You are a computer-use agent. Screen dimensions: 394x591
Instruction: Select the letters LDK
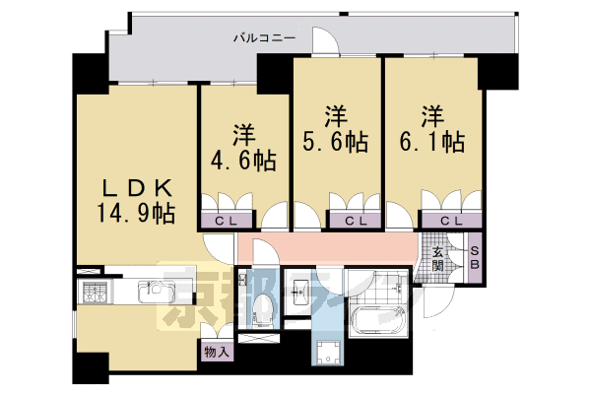[x=139, y=186]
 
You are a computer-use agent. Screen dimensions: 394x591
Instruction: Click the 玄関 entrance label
[x=437, y=258]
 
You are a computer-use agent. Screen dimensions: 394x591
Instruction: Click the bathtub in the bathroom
[x=378, y=320]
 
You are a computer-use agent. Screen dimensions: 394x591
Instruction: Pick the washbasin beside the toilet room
[x=299, y=292]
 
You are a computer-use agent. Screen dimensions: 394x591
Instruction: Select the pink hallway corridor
[x=335, y=246]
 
